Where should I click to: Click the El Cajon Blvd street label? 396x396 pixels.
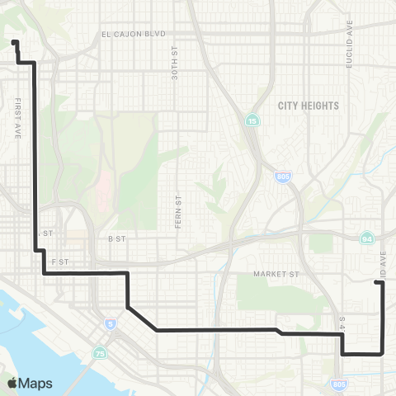pyautogui.click(x=134, y=34)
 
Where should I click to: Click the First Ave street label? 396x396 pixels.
pyautogui.click(x=17, y=117)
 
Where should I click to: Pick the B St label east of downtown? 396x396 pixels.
pyautogui.click(x=115, y=238)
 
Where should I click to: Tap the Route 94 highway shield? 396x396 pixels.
pyautogui.click(x=365, y=238)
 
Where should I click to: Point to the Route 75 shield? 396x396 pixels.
pyautogui.click(x=101, y=354)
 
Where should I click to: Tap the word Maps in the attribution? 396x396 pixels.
pyautogui.click(x=35, y=383)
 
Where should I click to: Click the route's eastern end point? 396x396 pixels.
pyautogui.click(x=378, y=283)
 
